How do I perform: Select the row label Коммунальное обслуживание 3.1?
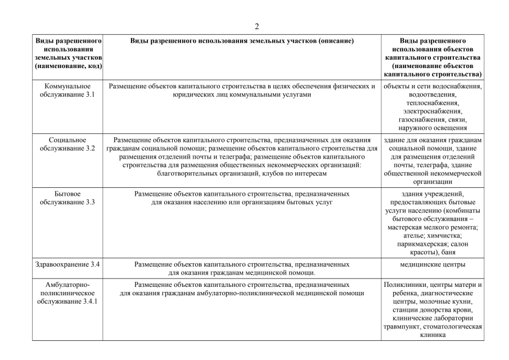pos(67,91)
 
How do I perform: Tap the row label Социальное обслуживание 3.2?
pos(67,144)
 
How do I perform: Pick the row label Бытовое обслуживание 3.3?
pos(67,197)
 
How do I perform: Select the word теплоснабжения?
pos(433,103)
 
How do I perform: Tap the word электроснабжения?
pos(433,112)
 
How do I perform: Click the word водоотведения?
pos(433,95)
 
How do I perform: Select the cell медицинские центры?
pos(433,264)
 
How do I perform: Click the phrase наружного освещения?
pos(433,128)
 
